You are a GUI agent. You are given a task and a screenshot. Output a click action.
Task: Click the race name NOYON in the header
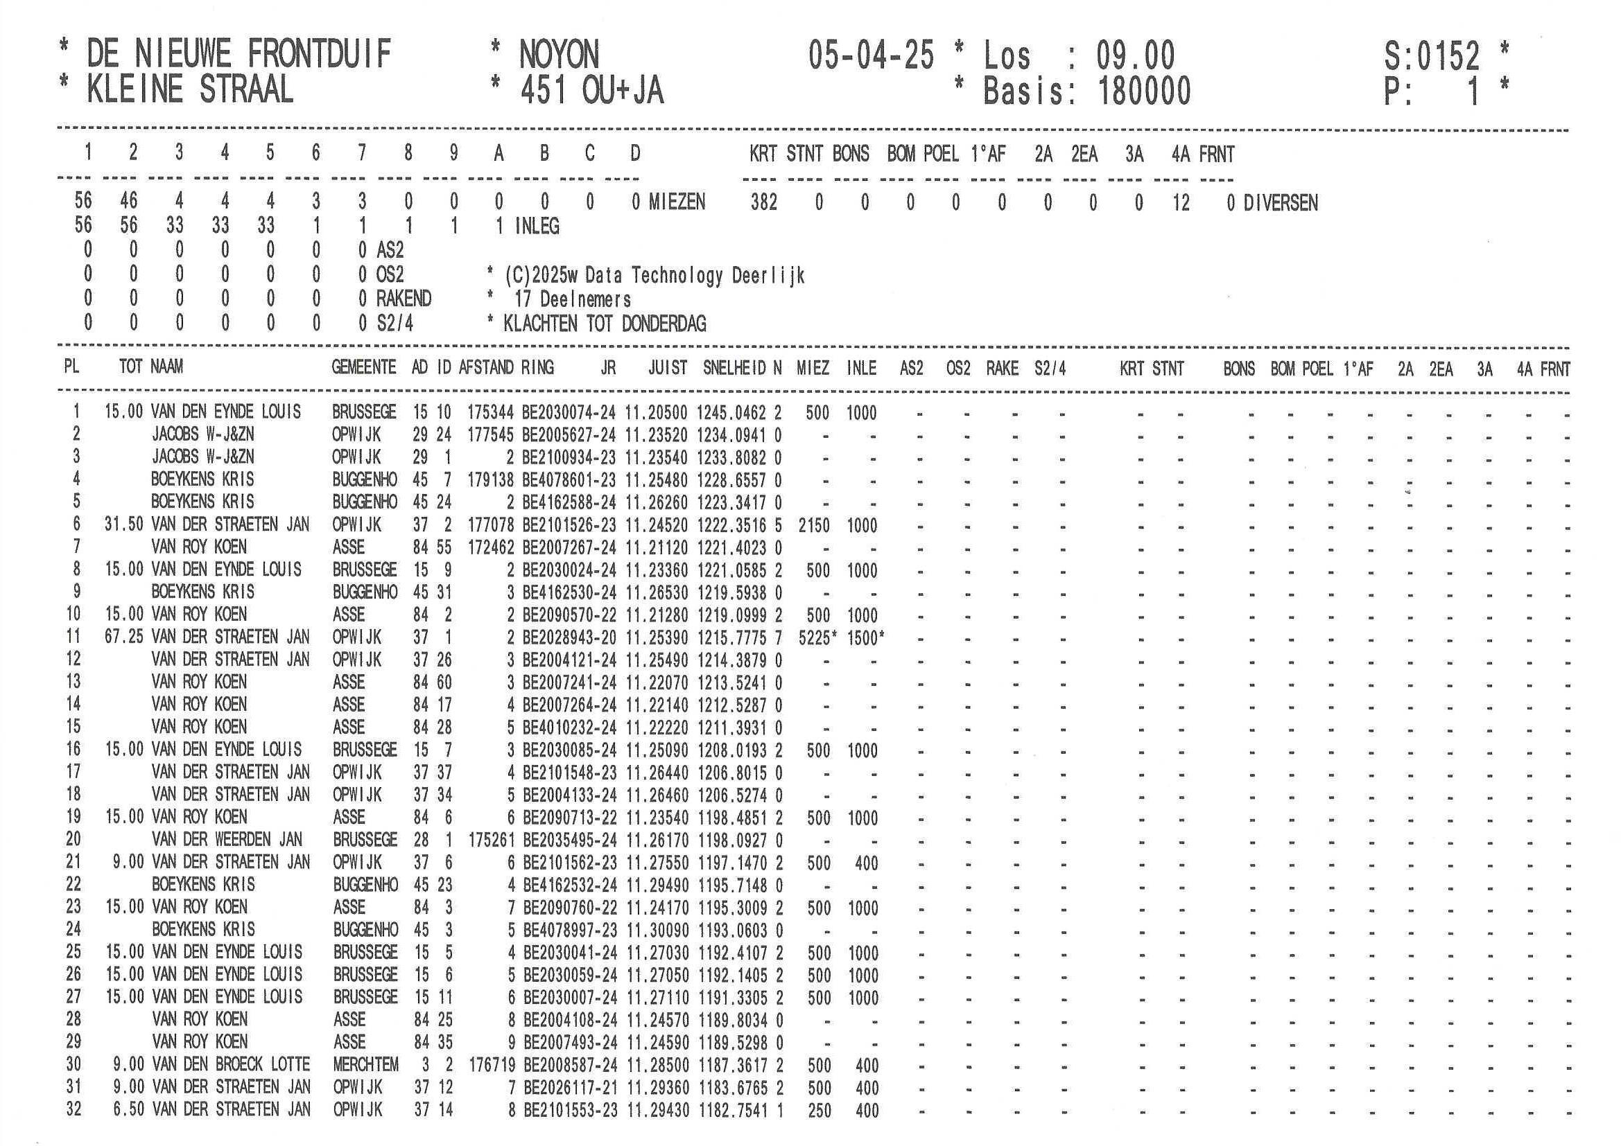pyautogui.click(x=558, y=54)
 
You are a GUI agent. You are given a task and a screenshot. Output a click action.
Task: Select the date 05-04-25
pyautogui.click(x=872, y=54)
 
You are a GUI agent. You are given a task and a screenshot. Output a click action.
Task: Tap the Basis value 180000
pyautogui.click(x=1144, y=91)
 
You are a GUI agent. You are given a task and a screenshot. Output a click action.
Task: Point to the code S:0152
pyautogui.click(x=1431, y=55)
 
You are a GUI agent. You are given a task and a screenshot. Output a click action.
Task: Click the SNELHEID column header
pyautogui.click(x=734, y=368)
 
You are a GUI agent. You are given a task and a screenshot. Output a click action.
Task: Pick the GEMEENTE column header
pyautogui.click(x=363, y=367)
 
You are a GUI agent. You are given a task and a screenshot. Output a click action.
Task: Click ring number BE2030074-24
pyautogui.click(x=569, y=412)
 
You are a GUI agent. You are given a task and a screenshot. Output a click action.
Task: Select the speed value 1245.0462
pyautogui.click(x=731, y=412)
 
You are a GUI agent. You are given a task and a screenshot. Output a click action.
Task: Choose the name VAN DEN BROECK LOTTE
pyautogui.click(x=231, y=1064)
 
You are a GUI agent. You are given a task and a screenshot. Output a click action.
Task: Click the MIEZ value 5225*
pyautogui.click(x=817, y=637)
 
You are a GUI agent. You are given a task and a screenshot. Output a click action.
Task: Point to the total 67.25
pyautogui.click(x=123, y=637)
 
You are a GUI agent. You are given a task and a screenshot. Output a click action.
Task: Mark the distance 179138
pyautogui.click(x=490, y=480)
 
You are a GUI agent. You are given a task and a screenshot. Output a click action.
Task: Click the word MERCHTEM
pyautogui.click(x=365, y=1064)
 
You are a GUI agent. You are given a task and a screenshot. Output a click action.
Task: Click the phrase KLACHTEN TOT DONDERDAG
pyautogui.click(x=605, y=324)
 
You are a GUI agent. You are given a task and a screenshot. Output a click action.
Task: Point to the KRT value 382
pyautogui.click(x=763, y=203)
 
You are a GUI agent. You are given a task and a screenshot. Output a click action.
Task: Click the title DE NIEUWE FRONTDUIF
pyautogui.click(x=239, y=54)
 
